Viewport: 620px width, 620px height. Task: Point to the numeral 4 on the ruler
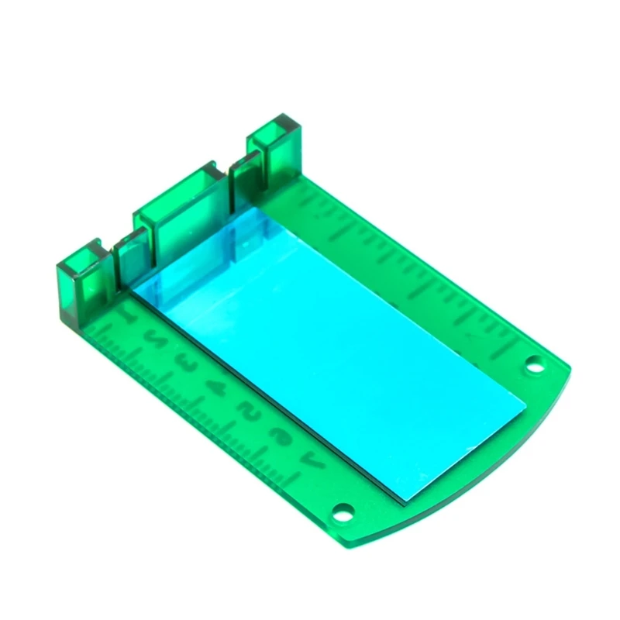tap(220, 386)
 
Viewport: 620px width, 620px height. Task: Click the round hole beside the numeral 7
tap(342, 511)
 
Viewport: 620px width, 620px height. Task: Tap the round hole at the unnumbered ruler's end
tap(533, 363)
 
